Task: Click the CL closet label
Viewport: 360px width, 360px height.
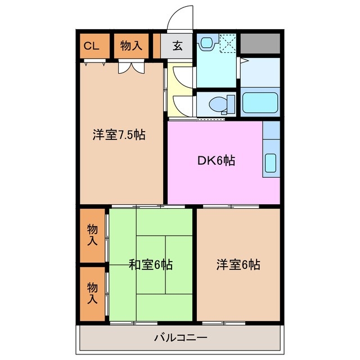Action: point(91,47)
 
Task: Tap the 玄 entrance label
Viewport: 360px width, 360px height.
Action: point(177,47)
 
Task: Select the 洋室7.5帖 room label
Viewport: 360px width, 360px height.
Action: point(119,135)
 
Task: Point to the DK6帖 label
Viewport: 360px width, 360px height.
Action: point(215,161)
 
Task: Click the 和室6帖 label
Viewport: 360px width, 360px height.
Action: point(151,264)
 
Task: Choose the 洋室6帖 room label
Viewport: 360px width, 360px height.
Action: point(238,264)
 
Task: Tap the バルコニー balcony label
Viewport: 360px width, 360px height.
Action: point(181,338)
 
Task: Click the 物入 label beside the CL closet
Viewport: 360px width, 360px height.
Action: point(131,47)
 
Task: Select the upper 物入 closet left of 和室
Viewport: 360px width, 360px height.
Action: point(92,235)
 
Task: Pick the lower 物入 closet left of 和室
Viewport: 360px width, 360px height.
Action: point(92,293)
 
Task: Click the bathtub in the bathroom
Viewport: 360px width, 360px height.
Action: point(260,103)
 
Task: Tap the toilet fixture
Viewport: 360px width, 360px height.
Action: point(220,103)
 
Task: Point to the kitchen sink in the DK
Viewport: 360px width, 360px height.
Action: point(271,163)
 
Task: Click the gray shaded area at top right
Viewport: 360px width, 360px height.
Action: point(260,43)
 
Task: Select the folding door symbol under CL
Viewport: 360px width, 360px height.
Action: point(93,64)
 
